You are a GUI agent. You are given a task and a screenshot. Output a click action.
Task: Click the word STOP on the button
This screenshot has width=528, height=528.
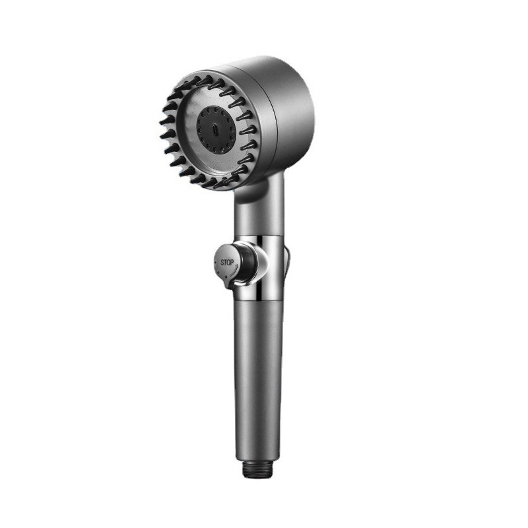click(x=227, y=262)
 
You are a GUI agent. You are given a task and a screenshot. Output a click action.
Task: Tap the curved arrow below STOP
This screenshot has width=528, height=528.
click(x=234, y=269)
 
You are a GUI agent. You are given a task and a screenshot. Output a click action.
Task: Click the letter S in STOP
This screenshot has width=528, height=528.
click(x=222, y=263)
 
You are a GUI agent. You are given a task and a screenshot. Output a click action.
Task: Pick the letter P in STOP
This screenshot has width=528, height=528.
click(x=232, y=262)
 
